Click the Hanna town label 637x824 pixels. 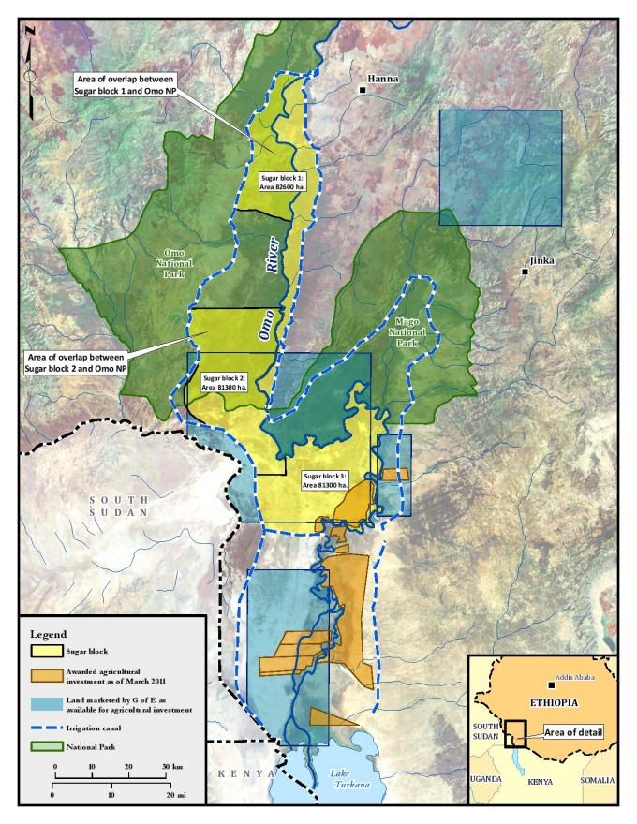click(x=383, y=80)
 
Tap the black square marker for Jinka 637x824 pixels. click(x=526, y=272)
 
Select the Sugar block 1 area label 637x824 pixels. click(x=282, y=182)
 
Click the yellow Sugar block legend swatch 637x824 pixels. click(x=45, y=649)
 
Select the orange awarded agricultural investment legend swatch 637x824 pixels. click(x=45, y=674)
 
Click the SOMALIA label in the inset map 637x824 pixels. click(x=597, y=780)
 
